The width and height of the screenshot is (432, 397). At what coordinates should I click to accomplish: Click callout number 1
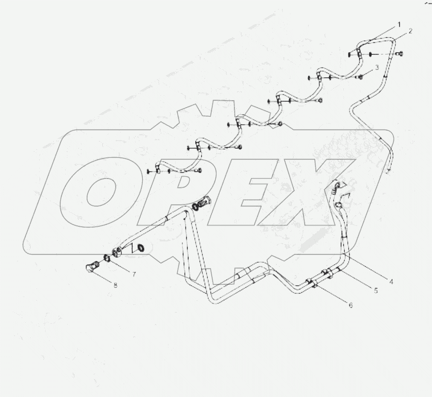tap(399, 25)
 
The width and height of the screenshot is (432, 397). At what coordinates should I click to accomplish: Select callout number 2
tap(410, 31)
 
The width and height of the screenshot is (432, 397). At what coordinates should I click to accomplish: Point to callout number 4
tap(391, 281)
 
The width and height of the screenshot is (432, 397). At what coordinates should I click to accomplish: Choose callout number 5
tap(376, 291)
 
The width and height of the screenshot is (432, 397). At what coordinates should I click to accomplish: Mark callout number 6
tap(351, 305)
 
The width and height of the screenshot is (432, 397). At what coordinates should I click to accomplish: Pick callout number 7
tap(133, 274)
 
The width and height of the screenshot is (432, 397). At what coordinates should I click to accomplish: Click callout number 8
tap(115, 285)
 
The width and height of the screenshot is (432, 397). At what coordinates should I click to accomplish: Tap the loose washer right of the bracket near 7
tap(140, 248)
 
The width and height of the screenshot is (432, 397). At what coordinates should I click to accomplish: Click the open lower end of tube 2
tap(389, 172)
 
